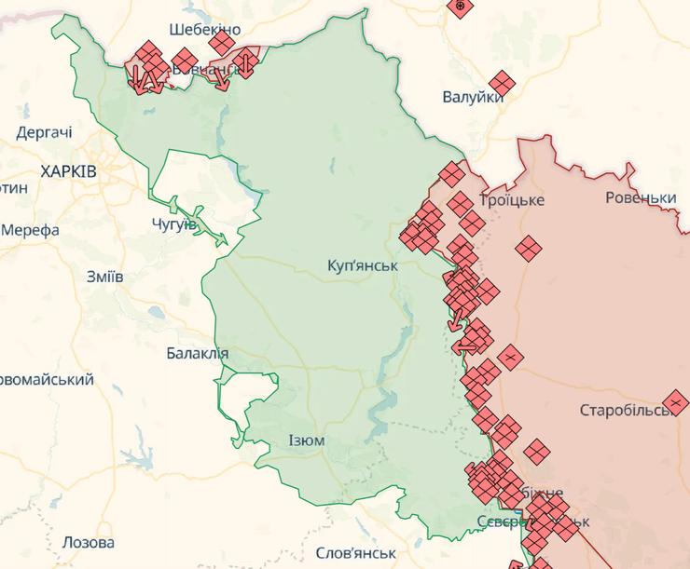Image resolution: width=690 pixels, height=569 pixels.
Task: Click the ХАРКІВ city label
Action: pyautogui.click(x=68, y=171)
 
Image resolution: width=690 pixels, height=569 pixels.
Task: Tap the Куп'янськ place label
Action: pyautogui.click(x=363, y=265)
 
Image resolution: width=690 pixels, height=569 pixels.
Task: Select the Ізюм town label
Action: pyautogui.click(x=306, y=440)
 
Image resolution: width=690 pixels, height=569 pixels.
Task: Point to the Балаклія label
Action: pyautogui.click(x=197, y=353)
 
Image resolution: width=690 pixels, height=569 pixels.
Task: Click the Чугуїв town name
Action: pyautogui.click(x=173, y=224)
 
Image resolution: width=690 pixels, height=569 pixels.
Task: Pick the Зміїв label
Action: pyautogui.click(x=104, y=277)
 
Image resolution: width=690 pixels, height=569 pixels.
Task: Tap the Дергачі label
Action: pyautogui.click(x=44, y=132)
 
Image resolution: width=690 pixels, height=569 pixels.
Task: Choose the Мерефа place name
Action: pyautogui.click(x=31, y=230)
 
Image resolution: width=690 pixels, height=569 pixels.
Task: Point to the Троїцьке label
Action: pyautogui.click(x=511, y=200)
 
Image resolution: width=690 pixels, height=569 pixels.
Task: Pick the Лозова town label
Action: pyautogui.click(x=89, y=542)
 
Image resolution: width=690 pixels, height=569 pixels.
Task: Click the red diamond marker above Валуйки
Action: pyautogui.click(x=502, y=84)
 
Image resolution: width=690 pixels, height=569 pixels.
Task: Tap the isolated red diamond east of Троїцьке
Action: pyautogui.click(x=529, y=248)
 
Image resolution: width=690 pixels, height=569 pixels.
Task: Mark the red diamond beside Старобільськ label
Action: pyautogui.click(x=677, y=403)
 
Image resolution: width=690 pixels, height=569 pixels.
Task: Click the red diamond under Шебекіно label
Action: pyautogui.click(x=222, y=43)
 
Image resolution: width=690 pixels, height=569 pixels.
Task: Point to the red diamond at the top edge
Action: pyautogui.click(x=458, y=7)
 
